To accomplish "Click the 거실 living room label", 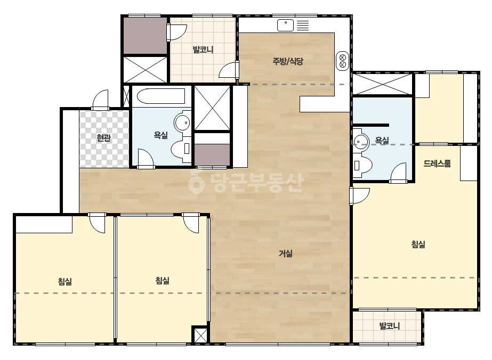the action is (286, 253).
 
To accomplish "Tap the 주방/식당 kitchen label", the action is (288, 61).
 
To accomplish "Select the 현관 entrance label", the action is (104, 138).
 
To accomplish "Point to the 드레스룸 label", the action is (437, 163).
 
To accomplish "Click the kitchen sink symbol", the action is (285, 26).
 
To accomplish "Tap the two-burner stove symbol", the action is (343, 61).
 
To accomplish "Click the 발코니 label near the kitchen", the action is (203, 49).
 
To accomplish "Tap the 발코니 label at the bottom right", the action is (390, 326).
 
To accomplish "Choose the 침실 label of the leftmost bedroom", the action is (65, 281).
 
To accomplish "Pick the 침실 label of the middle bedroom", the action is (163, 280).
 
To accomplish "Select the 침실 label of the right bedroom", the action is (418, 244).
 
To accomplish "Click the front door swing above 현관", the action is (100, 100).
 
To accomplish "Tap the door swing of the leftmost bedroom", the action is (97, 223).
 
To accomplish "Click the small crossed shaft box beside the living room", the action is (200, 335).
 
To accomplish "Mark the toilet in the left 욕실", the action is (181, 149).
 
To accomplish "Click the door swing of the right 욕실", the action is (399, 173).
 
